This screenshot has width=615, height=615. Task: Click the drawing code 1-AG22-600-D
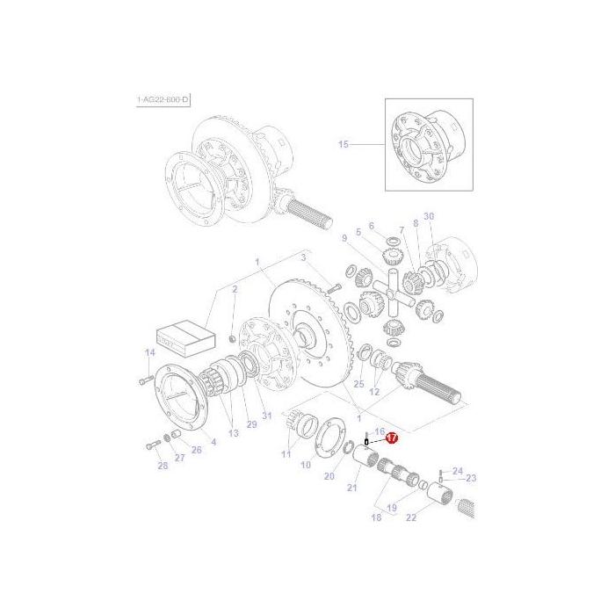pyautogui.click(x=163, y=101)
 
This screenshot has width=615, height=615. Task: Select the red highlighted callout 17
pyautogui.click(x=392, y=437)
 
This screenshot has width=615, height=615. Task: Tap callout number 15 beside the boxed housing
pyautogui.click(x=344, y=143)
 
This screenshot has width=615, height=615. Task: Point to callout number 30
pyautogui.click(x=429, y=215)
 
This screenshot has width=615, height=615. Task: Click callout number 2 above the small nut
pyautogui.click(x=235, y=289)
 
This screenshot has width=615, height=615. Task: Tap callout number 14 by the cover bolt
pyautogui.click(x=149, y=352)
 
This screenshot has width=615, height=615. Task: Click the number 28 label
pyautogui.click(x=163, y=465)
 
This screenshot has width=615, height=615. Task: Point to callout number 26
pyautogui.click(x=196, y=450)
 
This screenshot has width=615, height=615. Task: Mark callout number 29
pyautogui.click(x=251, y=424)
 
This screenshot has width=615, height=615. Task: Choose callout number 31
pyautogui.click(x=267, y=416)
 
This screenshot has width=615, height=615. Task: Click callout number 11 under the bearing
pyautogui.click(x=286, y=453)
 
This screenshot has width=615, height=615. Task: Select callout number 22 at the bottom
pyautogui.click(x=410, y=517)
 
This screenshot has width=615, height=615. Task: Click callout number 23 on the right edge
pyautogui.click(x=471, y=479)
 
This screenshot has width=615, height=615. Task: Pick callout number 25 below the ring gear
pyautogui.click(x=358, y=384)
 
